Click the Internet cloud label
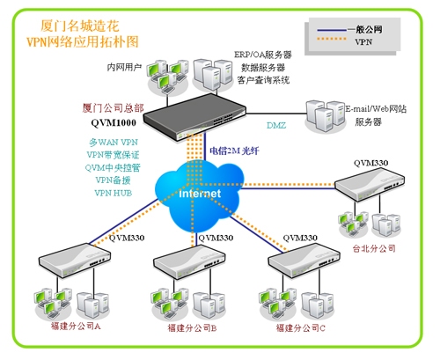[x=200, y=194]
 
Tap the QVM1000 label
[x=114, y=122]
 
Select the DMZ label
[x=276, y=125]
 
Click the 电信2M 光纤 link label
[x=234, y=151]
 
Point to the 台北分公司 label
[x=374, y=248]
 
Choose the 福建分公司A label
[x=76, y=326]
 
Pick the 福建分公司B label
[x=192, y=327]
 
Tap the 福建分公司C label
[x=301, y=327]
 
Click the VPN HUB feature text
[x=114, y=193]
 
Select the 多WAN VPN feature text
[x=114, y=143]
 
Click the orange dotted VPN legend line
[x=332, y=39]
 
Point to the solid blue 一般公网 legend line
[x=332, y=30]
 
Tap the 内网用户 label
[x=124, y=67]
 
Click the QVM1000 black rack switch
[x=194, y=116]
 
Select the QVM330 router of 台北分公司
[x=370, y=184]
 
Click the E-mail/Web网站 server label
[x=376, y=109]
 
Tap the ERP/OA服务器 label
[x=263, y=55]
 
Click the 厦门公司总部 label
[x=113, y=108]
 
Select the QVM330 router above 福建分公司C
[x=304, y=261]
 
